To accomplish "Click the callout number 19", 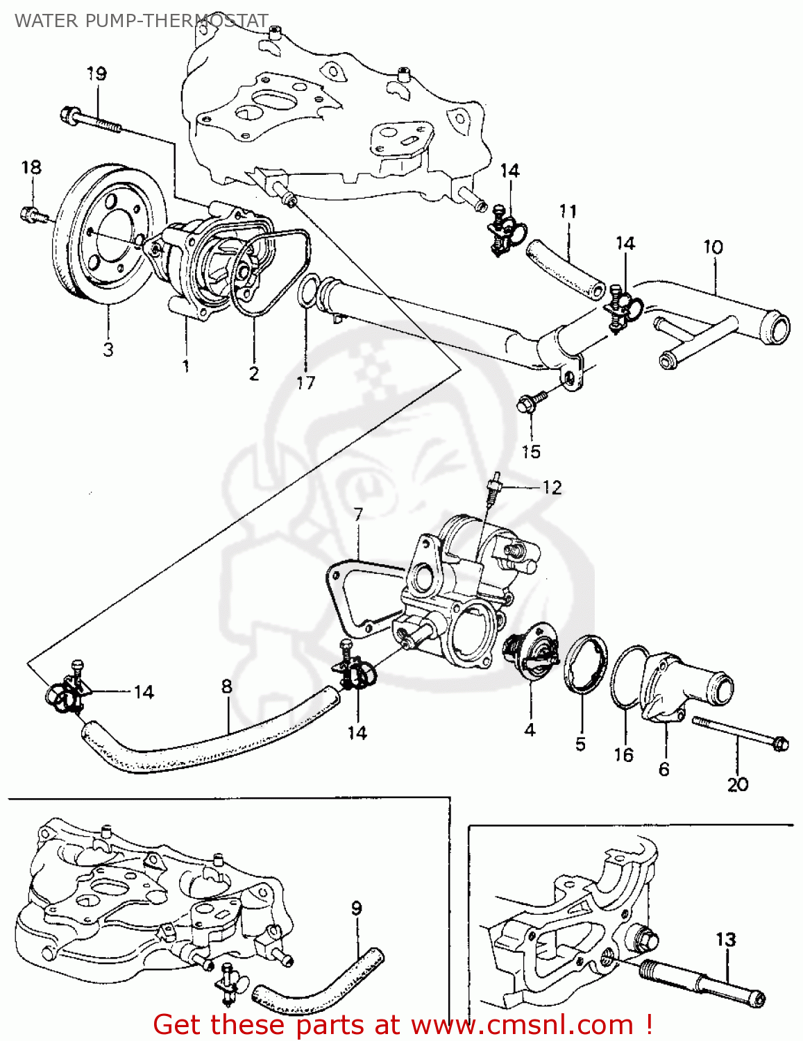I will click(96, 74).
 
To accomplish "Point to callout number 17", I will click(305, 382).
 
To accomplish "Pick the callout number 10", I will click(713, 247).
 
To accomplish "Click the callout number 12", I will click(552, 487).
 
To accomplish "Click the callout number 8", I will click(226, 686).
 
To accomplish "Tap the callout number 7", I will click(358, 514).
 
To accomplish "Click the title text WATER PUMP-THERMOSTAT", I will click(141, 21).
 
